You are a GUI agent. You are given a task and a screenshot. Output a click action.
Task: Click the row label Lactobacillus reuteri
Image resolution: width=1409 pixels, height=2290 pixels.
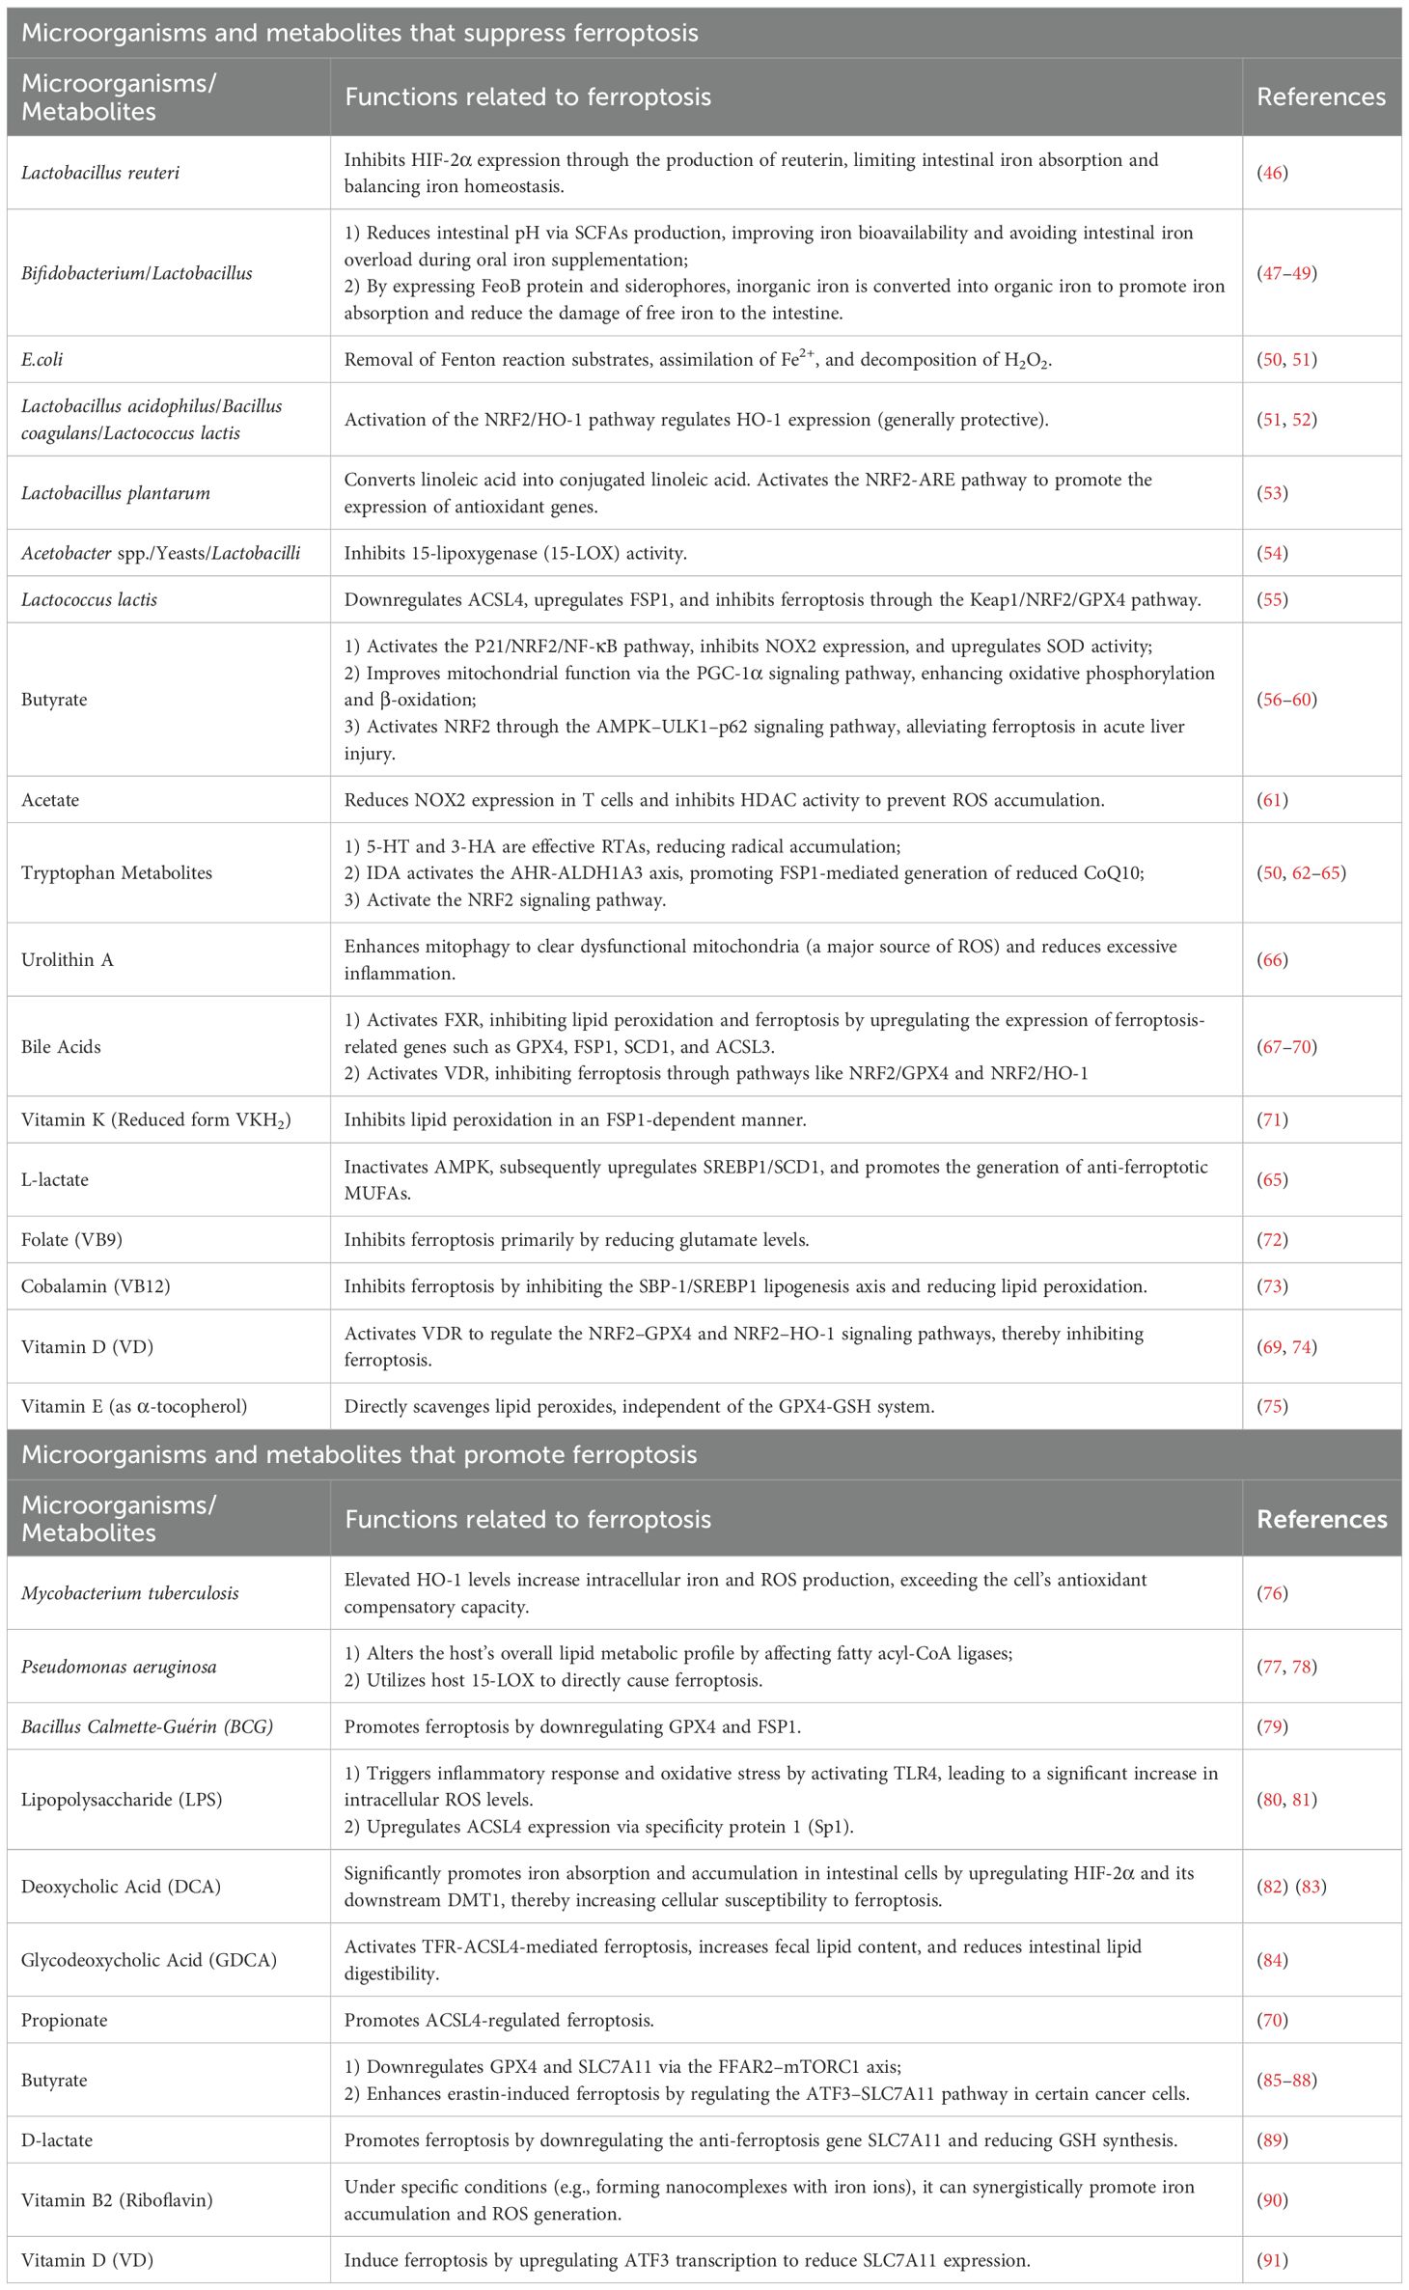tap(99, 173)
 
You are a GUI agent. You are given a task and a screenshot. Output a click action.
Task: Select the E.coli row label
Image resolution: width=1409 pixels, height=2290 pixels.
tap(42, 359)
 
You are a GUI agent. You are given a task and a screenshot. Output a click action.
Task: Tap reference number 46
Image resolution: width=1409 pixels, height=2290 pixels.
tap(1273, 173)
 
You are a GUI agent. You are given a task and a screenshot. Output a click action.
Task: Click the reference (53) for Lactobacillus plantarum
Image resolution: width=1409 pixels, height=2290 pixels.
tap(1273, 493)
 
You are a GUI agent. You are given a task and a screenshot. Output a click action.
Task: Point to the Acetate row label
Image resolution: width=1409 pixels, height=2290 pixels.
tap(50, 800)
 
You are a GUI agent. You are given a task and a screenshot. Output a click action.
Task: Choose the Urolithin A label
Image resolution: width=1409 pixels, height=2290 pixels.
tap(67, 960)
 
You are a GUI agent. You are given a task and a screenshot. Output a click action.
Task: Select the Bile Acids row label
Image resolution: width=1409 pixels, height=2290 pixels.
tap(61, 1047)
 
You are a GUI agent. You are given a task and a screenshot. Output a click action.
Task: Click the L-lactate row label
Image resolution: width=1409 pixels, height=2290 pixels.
tap(55, 1180)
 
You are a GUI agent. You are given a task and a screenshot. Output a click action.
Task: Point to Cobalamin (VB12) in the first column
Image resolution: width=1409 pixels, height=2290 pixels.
tap(95, 1286)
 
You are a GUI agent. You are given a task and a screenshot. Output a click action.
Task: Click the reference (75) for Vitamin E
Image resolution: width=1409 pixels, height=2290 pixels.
tap(1273, 1406)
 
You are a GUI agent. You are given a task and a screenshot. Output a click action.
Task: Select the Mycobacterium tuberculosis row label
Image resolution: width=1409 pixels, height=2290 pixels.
tap(129, 1593)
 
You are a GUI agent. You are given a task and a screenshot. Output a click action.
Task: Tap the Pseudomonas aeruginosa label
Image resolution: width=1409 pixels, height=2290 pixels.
tap(119, 1667)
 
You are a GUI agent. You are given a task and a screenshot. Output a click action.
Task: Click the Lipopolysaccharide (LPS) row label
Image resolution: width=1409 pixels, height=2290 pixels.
tap(122, 1800)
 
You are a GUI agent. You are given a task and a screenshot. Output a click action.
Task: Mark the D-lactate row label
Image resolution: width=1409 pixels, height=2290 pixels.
tap(57, 2139)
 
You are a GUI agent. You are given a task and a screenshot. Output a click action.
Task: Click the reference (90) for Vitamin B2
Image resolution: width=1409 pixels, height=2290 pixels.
tap(1273, 2200)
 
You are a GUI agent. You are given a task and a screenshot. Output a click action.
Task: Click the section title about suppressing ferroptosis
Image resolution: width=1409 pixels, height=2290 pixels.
tap(359, 34)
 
